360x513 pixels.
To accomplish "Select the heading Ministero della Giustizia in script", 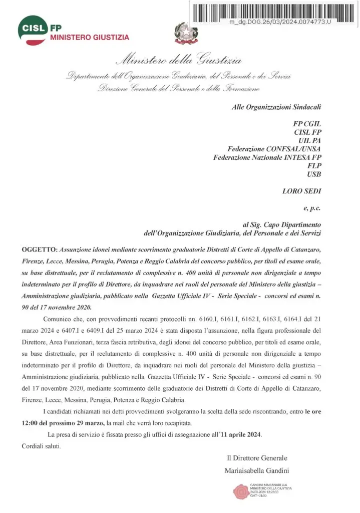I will (179, 61).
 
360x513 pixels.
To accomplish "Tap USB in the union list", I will (313, 174).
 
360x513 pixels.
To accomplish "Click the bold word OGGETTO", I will (40, 249).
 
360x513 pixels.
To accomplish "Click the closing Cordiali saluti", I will (42, 446).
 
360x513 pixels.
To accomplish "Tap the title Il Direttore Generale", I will (257, 457).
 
